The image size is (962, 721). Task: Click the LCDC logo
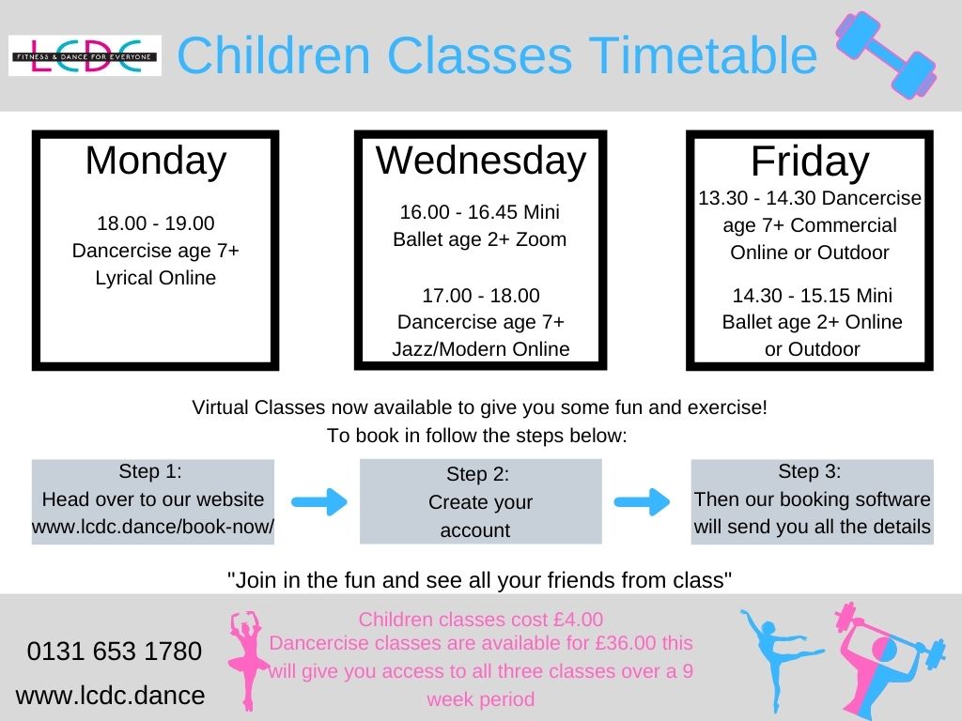pos(85,55)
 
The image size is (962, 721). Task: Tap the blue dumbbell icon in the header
pos(886,55)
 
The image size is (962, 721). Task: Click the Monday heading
pos(156,161)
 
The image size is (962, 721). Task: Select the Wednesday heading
pos(481,161)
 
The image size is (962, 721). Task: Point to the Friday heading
pos(810,163)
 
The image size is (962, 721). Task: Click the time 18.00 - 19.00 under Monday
pos(156,223)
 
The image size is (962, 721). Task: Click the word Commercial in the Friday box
pos(844,225)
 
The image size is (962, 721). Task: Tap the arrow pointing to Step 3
pos(645,501)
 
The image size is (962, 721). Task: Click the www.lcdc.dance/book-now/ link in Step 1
pos(153,527)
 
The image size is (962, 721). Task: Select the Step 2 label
pos(477,474)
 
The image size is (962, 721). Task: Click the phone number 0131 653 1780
pos(115,651)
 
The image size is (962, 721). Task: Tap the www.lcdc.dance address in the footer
pos(110,696)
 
